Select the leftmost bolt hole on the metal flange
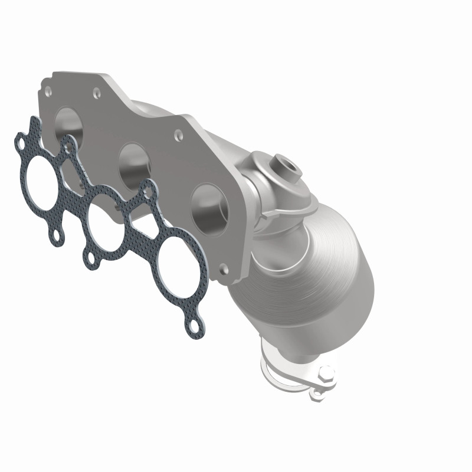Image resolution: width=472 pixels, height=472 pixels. [x=47, y=91]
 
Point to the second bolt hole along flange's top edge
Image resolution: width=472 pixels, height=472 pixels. [x=96, y=91]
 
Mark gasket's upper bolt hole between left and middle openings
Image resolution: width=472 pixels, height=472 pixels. [x=70, y=147]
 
